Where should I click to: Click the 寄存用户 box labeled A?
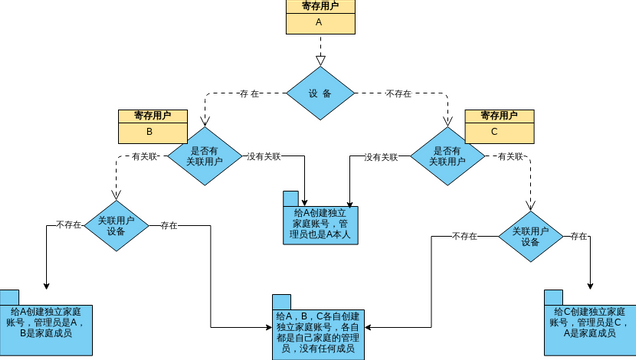pyautogui.click(x=319, y=14)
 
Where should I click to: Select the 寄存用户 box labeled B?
pyautogui.click(x=149, y=123)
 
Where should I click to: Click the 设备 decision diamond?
pyautogui.click(x=319, y=93)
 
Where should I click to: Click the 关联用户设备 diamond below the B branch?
pyautogui.click(x=116, y=225)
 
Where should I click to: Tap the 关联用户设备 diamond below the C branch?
pyautogui.click(x=530, y=236)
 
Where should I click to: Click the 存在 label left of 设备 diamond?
pyautogui.click(x=250, y=93)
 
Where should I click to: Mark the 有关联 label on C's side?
pyautogui.click(x=509, y=156)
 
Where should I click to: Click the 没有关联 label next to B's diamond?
pyautogui.click(x=264, y=156)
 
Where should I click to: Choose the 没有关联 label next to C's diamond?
pyautogui.click(x=381, y=156)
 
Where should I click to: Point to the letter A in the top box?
pyautogui.click(x=319, y=21)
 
